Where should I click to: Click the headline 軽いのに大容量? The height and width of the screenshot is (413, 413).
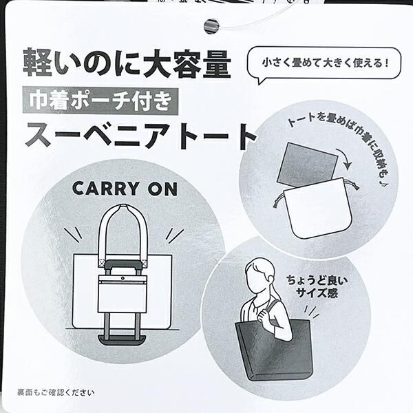tap(127, 63)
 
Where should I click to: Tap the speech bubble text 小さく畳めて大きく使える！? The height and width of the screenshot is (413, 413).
tap(326, 63)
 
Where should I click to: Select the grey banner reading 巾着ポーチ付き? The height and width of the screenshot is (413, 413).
tap(100, 101)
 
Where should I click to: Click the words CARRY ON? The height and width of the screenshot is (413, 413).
tap(125, 189)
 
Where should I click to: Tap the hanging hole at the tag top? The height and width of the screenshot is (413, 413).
tap(211, 26)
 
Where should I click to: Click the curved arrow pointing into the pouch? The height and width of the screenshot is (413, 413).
tap(345, 159)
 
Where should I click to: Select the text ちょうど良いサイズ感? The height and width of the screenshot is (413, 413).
tap(317, 286)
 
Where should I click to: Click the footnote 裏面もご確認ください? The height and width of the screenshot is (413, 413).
tap(56, 393)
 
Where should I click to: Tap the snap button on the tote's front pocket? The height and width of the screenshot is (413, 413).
tap(123, 278)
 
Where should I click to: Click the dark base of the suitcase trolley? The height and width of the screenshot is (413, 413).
tap(122, 340)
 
